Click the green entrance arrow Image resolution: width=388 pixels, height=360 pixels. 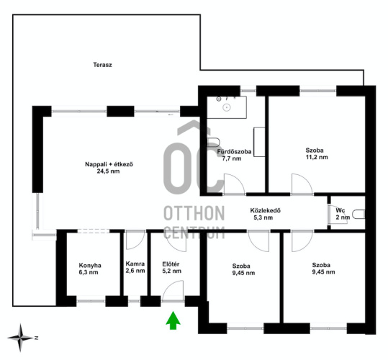point(173,320)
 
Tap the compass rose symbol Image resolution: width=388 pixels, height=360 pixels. point(20,338)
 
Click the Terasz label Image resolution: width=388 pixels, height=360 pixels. point(102,65)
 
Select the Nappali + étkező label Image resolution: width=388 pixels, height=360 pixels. point(109,164)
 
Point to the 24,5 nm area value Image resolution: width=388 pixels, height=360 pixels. point(108,171)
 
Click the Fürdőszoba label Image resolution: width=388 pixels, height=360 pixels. point(234,152)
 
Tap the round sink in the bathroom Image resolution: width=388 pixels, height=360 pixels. point(227,107)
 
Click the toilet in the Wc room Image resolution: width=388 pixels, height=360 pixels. point(358,215)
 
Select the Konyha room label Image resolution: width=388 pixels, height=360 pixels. point(90,266)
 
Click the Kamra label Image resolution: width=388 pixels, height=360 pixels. point(135,264)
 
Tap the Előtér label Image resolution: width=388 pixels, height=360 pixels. point(171,264)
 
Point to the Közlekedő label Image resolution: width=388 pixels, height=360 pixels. point(265,210)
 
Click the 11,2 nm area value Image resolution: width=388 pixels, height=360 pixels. point(317,157)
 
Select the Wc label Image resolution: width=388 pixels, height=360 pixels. point(340,210)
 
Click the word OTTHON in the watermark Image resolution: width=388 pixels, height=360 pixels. point(194,213)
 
